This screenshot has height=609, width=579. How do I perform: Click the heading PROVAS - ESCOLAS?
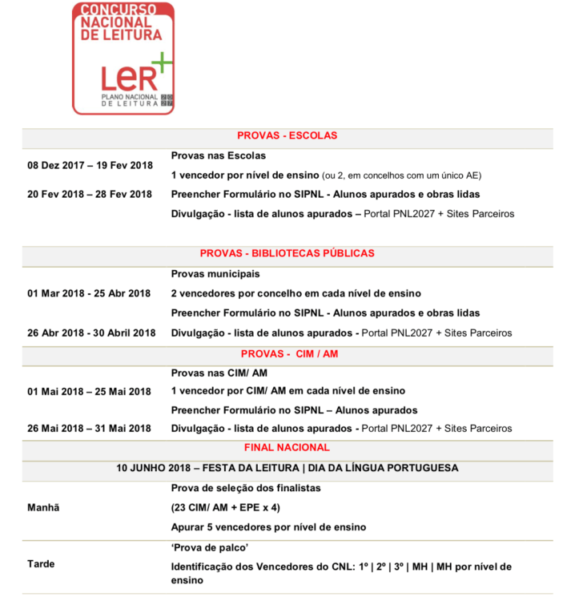pyautogui.click(x=287, y=135)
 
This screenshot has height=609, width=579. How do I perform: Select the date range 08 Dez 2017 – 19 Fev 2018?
pyautogui.click(x=90, y=165)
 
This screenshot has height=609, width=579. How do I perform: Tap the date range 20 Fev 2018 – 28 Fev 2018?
pyautogui.click(x=90, y=194)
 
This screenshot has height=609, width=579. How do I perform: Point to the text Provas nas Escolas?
pyautogui.click(x=218, y=155)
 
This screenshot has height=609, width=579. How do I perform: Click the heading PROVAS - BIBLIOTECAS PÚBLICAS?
pyautogui.click(x=287, y=253)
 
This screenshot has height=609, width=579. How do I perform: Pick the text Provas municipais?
pyautogui.click(x=215, y=274)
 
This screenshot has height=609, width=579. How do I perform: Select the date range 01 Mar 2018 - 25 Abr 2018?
pyautogui.click(x=89, y=293)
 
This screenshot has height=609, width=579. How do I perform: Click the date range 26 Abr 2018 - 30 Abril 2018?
pyautogui.click(x=91, y=333)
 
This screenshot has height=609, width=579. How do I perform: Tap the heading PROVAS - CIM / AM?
pyautogui.click(x=287, y=353)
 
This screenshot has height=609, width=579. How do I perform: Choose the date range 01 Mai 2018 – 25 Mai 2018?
pyautogui.click(x=89, y=392)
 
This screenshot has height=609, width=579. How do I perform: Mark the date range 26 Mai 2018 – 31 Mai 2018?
pyautogui.click(x=89, y=429)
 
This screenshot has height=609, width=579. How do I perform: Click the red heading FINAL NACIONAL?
pyautogui.click(x=287, y=448)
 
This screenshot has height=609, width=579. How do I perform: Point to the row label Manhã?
pyautogui.click(x=43, y=507)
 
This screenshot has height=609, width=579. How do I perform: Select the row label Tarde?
pyautogui.click(x=41, y=564)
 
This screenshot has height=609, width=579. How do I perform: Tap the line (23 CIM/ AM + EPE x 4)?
pyautogui.click(x=225, y=507)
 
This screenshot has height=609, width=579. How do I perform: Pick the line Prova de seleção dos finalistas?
pyautogui.click(x=246, y=487)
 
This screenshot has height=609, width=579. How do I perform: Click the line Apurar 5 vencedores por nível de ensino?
pyautogui.click(x=268, y=527)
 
